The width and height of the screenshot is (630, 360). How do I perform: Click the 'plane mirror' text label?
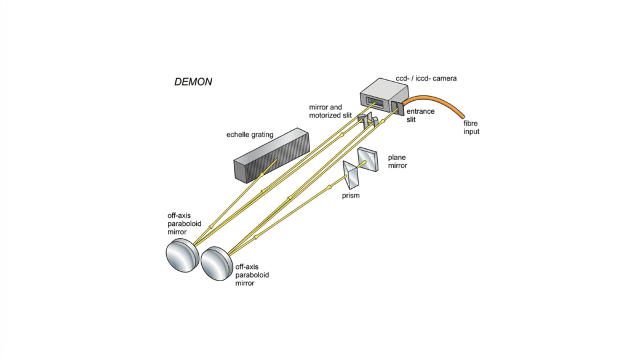(x=397, y=161)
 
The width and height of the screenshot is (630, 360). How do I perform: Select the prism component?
(x=353, y=175)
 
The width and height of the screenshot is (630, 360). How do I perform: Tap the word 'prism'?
(x=350, y=196)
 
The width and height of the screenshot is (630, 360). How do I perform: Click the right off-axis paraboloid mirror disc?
(x=217, y=264)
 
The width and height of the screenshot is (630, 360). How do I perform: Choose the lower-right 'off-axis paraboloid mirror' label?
(x=252, y=275)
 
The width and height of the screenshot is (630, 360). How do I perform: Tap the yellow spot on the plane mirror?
(x=365, y=162)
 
